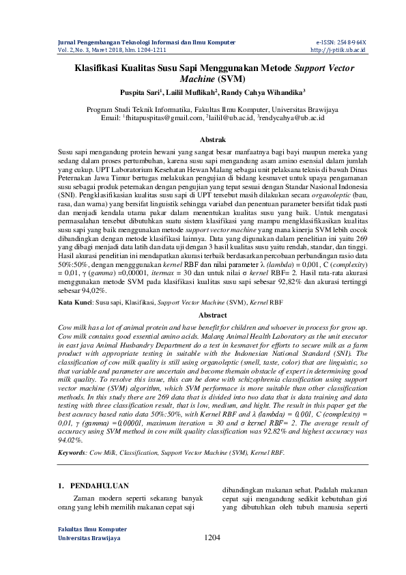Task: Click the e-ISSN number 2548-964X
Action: click(349, 42)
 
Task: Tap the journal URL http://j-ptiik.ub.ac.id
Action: click(338, 50)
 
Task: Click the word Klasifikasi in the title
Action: click(100, 68)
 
